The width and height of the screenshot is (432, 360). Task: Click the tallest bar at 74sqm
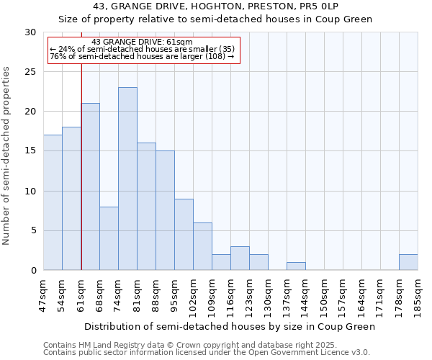pos(127,179)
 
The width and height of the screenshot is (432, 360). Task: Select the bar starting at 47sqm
pos(53,202)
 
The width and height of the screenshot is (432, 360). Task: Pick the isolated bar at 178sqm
pos(408,262)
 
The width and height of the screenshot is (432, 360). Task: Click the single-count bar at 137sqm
pos(296,266)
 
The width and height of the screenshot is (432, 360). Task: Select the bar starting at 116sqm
pos(240,258)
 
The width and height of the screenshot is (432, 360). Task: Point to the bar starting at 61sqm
pos(90,186)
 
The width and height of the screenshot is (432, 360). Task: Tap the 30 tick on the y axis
pos(31,32)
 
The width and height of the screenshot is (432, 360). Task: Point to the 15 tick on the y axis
pos(31,151)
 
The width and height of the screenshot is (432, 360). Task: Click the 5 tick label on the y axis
pos(34,231)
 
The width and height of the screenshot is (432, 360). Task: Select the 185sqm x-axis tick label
pos(418,296)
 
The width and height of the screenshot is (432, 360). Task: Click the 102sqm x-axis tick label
pos(193,296)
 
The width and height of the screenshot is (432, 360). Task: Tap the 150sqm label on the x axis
pos(324,296)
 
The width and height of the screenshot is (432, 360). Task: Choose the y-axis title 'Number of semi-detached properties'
pos(7,156)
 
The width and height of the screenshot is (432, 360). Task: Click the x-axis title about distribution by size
pos(230,326)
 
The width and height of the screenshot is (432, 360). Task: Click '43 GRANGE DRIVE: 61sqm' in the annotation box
pos(142,42)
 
